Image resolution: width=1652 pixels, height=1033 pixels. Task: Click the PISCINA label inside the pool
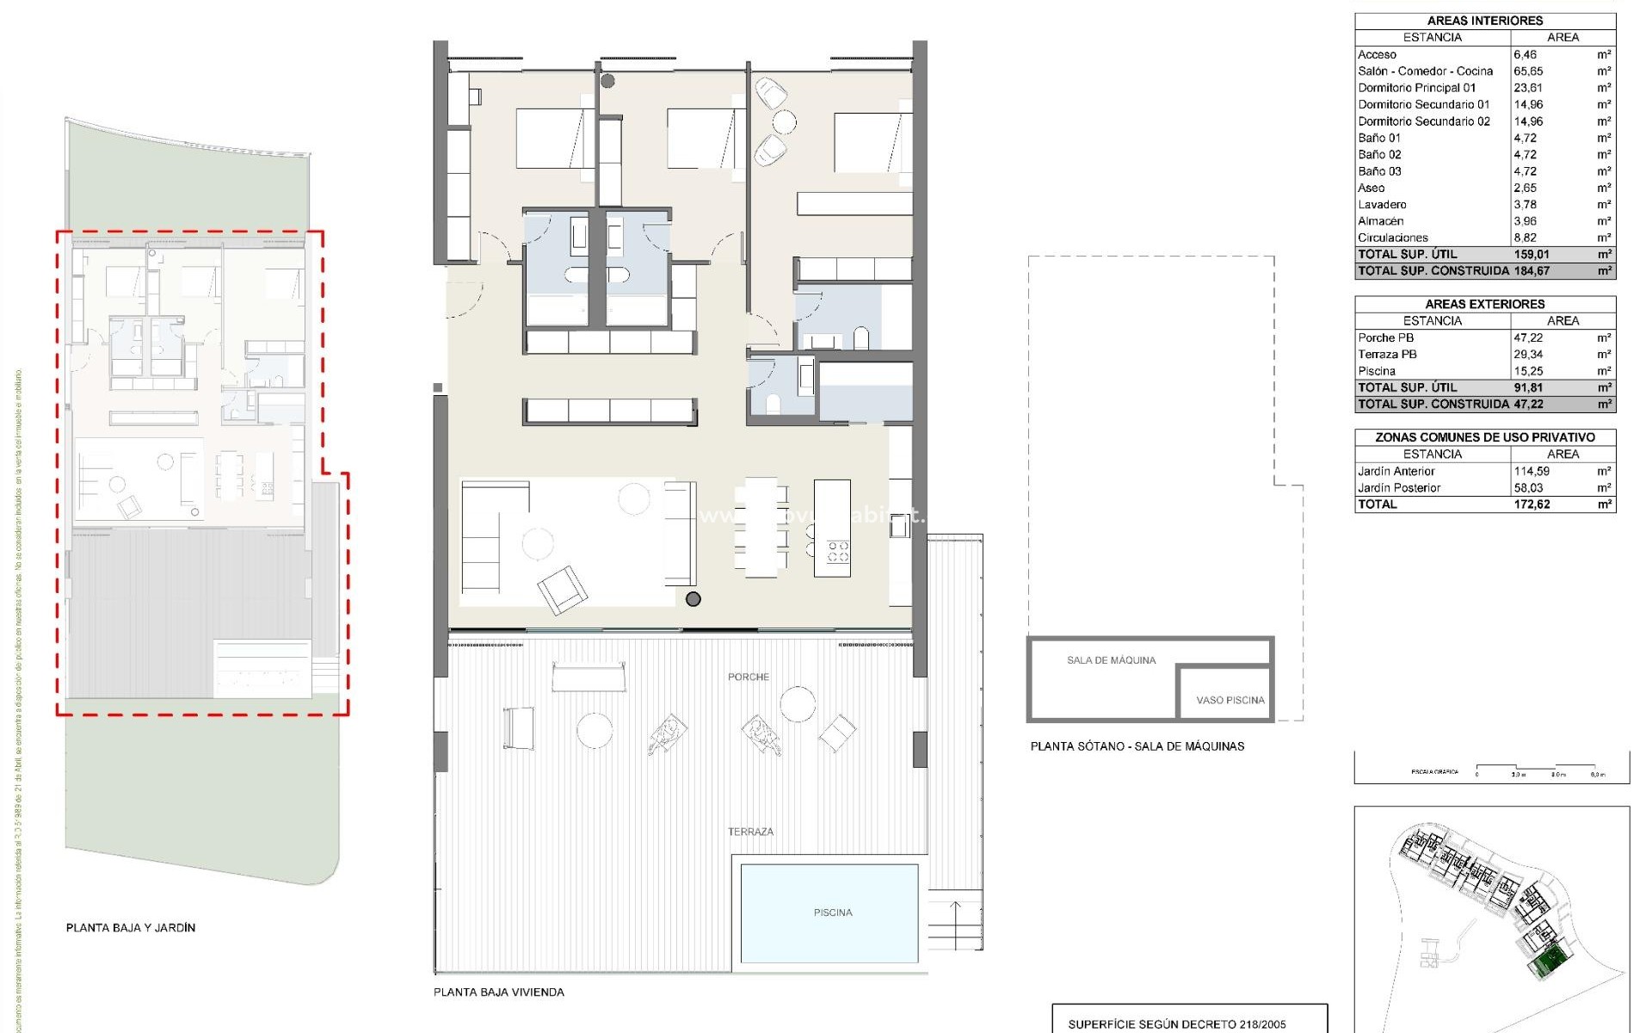pos(832,912)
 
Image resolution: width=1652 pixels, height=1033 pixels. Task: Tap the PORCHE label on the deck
pos(748,677)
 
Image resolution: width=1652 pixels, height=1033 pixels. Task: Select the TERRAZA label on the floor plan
pos(750,832)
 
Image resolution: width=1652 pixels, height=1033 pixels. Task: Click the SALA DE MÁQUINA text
pos(1111,660)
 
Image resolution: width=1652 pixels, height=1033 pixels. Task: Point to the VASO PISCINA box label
pos(1230,700)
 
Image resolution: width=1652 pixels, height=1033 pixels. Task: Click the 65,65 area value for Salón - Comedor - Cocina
pos(1528,71)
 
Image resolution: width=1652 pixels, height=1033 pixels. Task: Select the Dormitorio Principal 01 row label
pos(1416,88)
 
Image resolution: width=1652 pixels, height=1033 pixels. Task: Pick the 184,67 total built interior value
pos(1532,271)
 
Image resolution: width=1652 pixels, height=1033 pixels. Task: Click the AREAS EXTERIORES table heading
pos(1484,304)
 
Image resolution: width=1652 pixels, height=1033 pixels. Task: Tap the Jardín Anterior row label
pos(1396,471)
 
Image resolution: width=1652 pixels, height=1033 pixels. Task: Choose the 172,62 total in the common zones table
pos(1532,504)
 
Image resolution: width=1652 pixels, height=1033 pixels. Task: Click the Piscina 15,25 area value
pos(1528,371)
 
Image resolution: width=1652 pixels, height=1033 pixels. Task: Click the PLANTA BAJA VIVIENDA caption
pos(498,993)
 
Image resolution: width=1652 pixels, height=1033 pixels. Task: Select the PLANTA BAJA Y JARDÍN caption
pos(131,928)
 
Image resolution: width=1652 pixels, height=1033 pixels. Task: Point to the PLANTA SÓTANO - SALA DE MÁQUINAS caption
pos(1137,746)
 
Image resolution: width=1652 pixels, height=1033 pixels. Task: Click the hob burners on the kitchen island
pos(837,552)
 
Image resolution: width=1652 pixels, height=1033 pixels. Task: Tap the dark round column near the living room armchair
pos(693,599)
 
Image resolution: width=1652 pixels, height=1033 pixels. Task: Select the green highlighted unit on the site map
pos(1549,961)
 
